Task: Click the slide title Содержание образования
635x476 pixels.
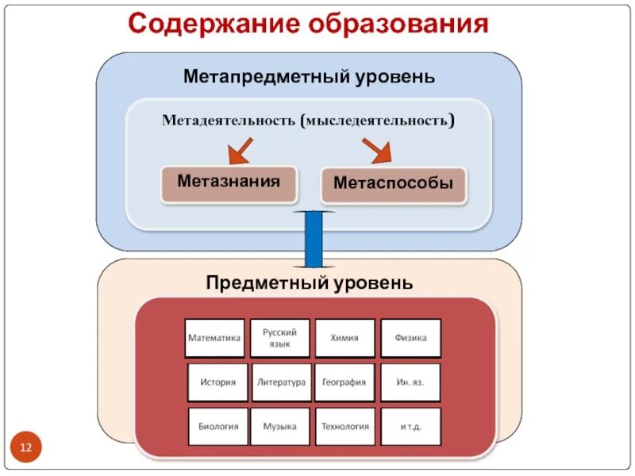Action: pos(307,24)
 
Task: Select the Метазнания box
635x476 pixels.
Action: pos(229,182)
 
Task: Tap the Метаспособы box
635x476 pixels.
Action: pos(393,184)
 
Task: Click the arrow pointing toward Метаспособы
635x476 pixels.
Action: pos(377,150)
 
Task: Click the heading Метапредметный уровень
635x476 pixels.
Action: pos(310,78)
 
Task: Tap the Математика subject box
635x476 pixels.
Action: pos(214,338)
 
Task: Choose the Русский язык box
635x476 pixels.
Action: pos(280,338)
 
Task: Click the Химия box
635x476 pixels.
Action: pos(344,338)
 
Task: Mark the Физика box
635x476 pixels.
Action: pos(410,338)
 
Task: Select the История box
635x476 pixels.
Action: pos(217,382)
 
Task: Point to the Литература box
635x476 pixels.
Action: pos(281,382)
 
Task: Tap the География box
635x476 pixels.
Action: pos(344,382)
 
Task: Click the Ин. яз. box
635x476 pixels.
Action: pos(410,382)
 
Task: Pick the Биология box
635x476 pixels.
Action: pos(218,427)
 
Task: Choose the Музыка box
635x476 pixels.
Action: pos(280,427)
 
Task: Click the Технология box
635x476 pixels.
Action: pos(344,427)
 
